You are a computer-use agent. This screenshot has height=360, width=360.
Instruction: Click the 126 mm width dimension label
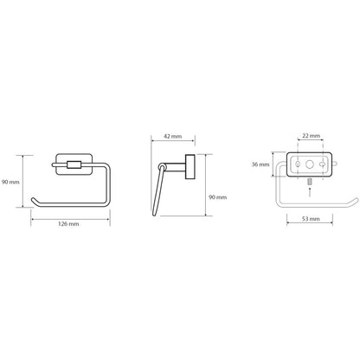[x=68, y=224]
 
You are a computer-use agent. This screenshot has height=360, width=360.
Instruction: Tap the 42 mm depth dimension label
[x=173, y=136]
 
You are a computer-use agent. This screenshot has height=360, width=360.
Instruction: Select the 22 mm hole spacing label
[x=312, y=135]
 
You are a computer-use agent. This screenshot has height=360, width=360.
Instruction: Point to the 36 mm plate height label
[x=260, y=164]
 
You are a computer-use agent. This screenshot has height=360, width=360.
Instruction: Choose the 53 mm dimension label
[x=311, y=219]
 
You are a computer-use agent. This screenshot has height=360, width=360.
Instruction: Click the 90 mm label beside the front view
[x=10, y=182]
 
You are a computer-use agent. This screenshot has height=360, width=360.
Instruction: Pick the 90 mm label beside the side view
[x=218, y=197]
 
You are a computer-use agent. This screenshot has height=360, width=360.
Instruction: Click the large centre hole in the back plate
[x=310, y=164]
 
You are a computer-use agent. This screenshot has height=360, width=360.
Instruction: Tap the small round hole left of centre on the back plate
[x=298, y=164]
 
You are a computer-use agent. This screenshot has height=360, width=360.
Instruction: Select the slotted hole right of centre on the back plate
[x=322, y=164]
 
